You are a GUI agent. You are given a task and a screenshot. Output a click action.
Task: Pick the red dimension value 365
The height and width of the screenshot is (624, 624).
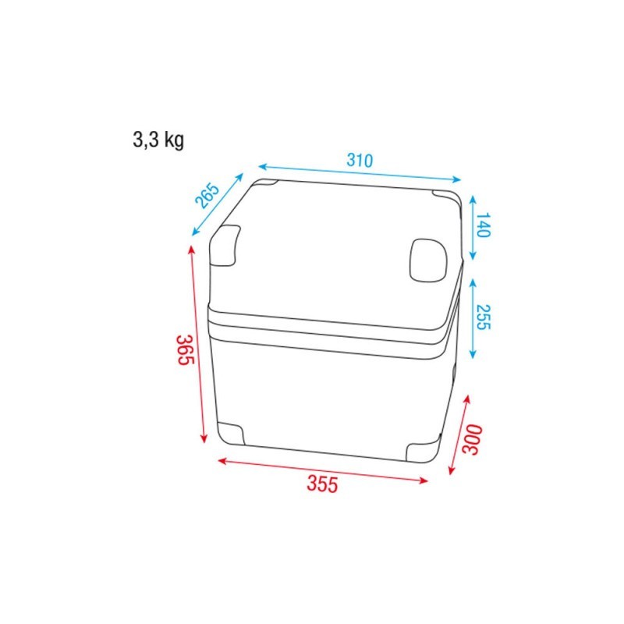(x=185, y=353)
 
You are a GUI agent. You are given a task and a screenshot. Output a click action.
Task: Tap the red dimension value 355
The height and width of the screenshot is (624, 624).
(x=321, y=484)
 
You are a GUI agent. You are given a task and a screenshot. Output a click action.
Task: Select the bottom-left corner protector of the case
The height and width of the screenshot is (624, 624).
(x=230, y=434)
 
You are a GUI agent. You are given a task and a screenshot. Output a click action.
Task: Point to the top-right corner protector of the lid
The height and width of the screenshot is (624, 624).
(x=447, y=195)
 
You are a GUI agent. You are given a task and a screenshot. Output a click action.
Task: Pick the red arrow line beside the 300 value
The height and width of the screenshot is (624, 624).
(x=459, y=435)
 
